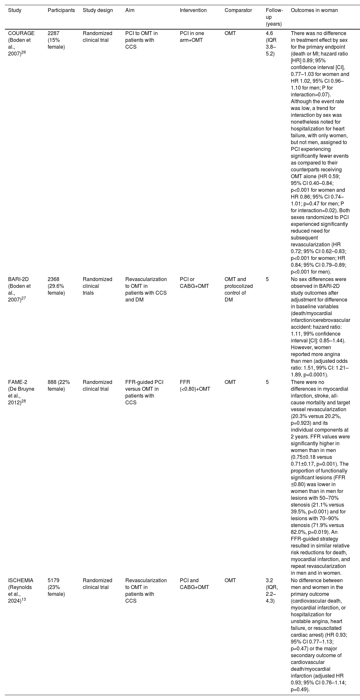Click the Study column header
pyautogui.click(x=15, y=10)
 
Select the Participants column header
pyautogui.click(x=61, y=10)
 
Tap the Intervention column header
pyautogui.click(x=193, y=10)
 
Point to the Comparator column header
pyautogui.click(x=238, y=10)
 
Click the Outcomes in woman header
pyautogui.click(x=314, y=10)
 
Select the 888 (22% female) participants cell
pyautogui.click(x=58, y=385)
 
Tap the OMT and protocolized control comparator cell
pyautogui.click(x=238, y=289)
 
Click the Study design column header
pyautogui.click(x=98, y=10)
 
